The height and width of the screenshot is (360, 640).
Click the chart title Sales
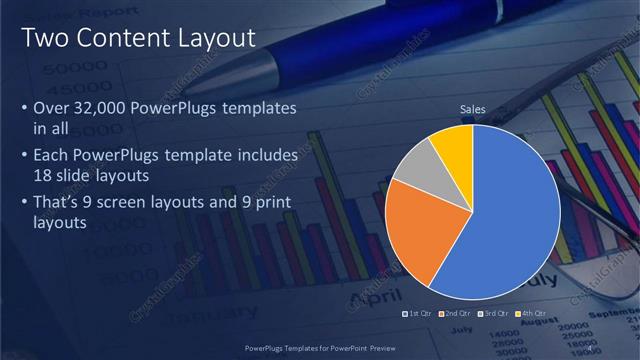pyautogui.click(x=473, y=108)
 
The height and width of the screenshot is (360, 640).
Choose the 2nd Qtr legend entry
pyautogui.click(x=455, y=314)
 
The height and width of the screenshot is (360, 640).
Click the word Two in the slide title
pyautogui.click(x=44, y=38)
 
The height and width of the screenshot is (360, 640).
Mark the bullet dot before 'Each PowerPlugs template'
pyautogui.click(x=24, y=157)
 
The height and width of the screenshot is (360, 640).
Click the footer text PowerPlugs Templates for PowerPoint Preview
pyautogui.click(x=320, y=349)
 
